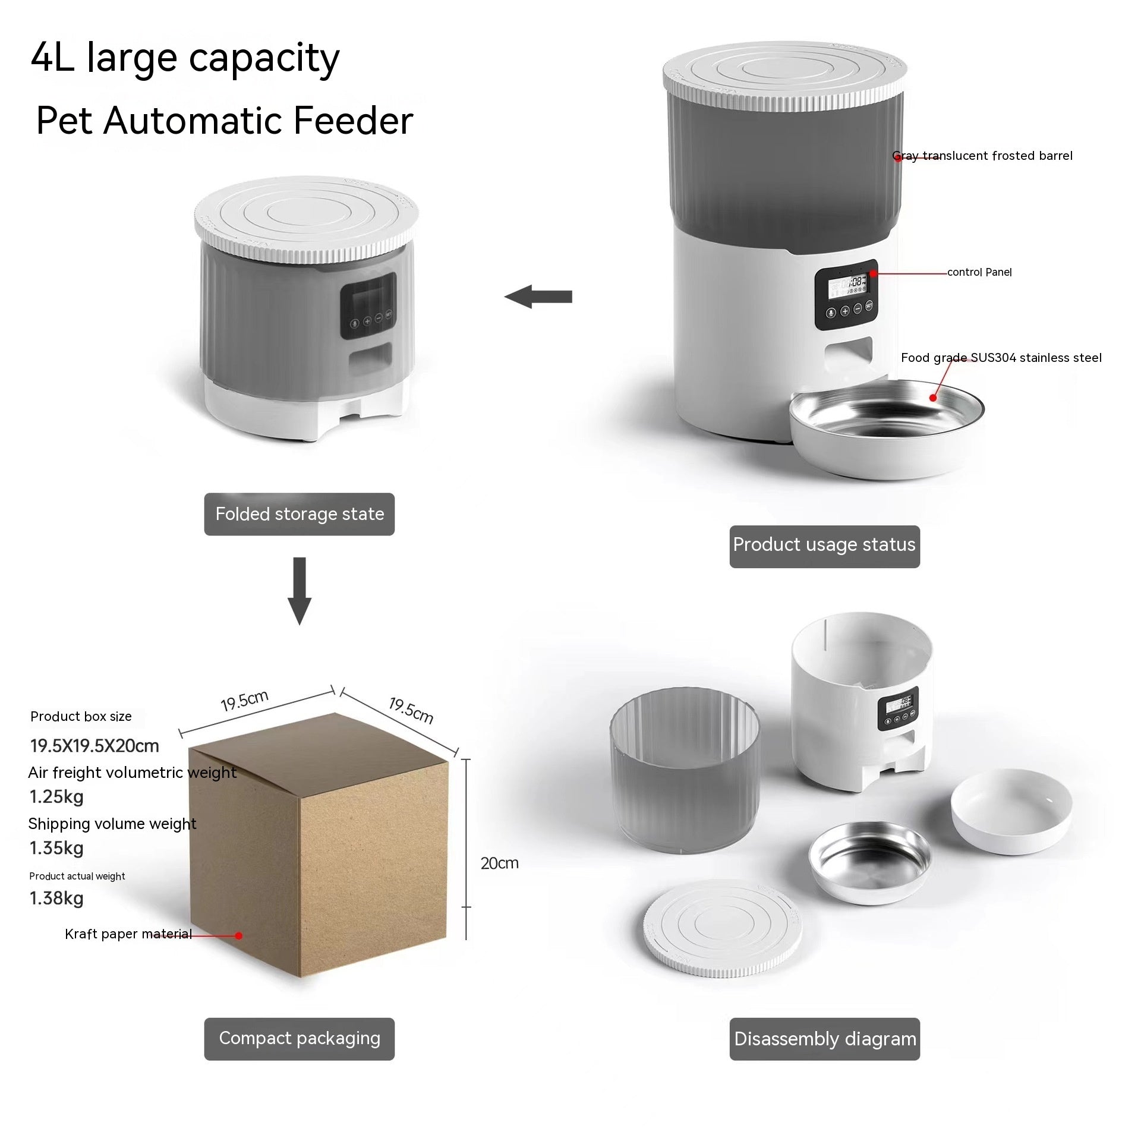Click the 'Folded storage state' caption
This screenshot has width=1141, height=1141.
pyautogui.click(x=300, y=514)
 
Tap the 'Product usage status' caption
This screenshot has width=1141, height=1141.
pyautogui.click(x=824, y=545)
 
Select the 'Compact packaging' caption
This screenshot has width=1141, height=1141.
pyautogui.click(x=300, y=1038)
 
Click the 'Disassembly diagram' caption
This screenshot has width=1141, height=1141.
pyautogui.click(x=824, y=1039)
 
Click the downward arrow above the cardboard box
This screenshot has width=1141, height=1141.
pyautogui.click(x=300, y=590)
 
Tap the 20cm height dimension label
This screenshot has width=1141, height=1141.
pyautogui.click(x=499, y=863)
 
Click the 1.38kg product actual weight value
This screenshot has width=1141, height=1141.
pyautogui.click(x=56, y=898)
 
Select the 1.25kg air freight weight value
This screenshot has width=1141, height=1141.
pyautogui.click(x=56, y=796)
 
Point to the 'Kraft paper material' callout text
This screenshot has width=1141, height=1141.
pyautogui.click(x=128, y=934)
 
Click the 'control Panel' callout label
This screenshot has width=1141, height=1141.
pyautogui.click(x=979, y=272)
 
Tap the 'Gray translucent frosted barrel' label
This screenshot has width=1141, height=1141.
pyautogui.click(x=982, y=156)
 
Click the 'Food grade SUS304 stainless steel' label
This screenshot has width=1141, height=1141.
pyautogui.click(x=1001, y=358)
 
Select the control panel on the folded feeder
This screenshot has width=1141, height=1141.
pyautogui.click(x=368, y=305)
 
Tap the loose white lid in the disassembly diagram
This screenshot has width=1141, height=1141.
pyautogui.click(x=722, y=928)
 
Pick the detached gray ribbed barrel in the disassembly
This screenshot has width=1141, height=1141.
pyautogui.click(x=685, y=773)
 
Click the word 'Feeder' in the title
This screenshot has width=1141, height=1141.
pyautogui.click(x=353, y=121)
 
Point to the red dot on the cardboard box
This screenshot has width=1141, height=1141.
pyautogui.click(x=238, y=935)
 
